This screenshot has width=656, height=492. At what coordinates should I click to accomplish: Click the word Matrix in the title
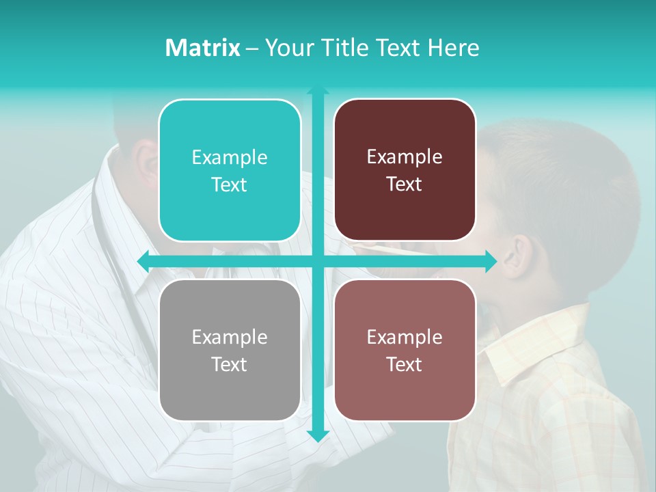click(x=202, y=47)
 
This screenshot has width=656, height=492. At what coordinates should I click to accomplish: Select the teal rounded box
click(x=230, y=171)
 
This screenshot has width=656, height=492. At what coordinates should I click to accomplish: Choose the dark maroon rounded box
click(x=405, y=170)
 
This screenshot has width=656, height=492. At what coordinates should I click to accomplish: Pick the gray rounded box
click(x=230, y=350)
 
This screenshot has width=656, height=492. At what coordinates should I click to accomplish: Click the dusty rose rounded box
click(x=405, y=350)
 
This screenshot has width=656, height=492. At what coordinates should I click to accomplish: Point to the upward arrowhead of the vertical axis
click(x=318, y=91)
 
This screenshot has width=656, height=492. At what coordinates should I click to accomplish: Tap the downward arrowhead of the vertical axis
click(x=318, y=435)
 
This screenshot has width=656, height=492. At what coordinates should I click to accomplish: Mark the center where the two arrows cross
click(x=318, y=261)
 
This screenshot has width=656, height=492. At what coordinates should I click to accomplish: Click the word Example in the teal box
click(x=230, y=158)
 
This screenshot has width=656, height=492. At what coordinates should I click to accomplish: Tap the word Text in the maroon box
click(x=405, y=184)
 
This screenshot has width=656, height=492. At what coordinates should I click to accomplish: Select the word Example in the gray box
click(x=230, y=337)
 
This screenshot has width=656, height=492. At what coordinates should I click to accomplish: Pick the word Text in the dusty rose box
click(x=405, y=364)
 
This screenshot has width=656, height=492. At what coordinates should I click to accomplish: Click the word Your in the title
click(x=287, y=47)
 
